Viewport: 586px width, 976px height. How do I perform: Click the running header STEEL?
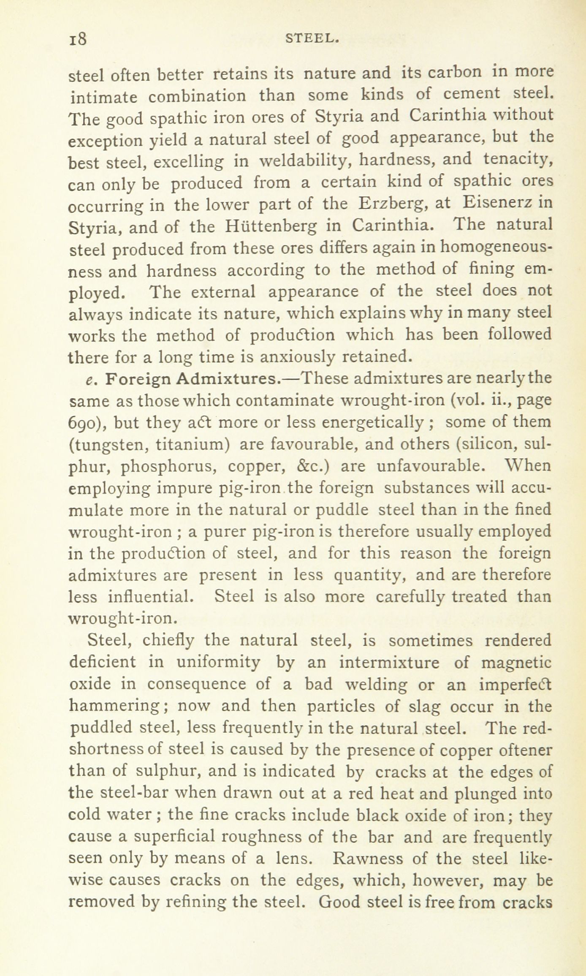(313, 39)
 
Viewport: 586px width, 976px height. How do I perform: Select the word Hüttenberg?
(271, 227)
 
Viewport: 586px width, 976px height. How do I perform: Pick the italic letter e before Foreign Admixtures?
(89, 380)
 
